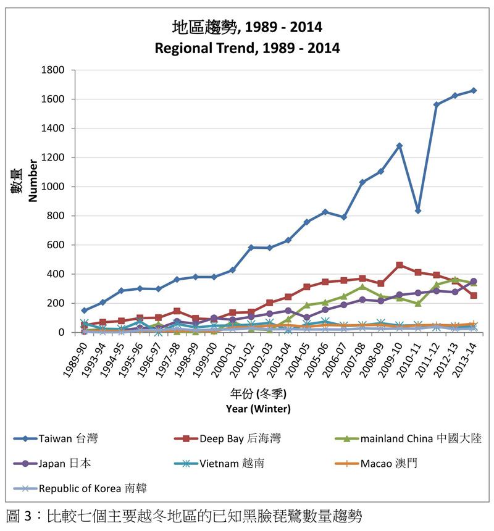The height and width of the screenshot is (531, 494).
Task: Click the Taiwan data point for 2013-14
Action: pyautogui.click(x=473, y=90)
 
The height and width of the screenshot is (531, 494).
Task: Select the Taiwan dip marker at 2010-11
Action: pyautogui.click(x=417, y=211)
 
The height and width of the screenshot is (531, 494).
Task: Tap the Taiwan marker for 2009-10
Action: pyautogui.click(x=399, y=146)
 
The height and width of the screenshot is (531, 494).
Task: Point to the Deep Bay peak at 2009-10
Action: pyautogui.click(x=399, y=265)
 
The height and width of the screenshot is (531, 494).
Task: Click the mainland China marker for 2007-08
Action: pyautogui.click(x=362, y=286)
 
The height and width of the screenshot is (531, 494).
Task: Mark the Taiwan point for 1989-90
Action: pyautogui.click(x=83, y=311)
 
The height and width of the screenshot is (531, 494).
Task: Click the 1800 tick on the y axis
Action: pyautogui.click(x=54, y=70)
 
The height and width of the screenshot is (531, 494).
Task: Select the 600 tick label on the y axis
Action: pyautogui.click(x=57, y=245)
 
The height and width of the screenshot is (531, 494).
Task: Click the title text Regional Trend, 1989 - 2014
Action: pyautogui.click(x=247, y=48)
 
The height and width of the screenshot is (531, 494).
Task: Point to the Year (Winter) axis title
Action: pyautogui.click(x=258, y=408)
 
